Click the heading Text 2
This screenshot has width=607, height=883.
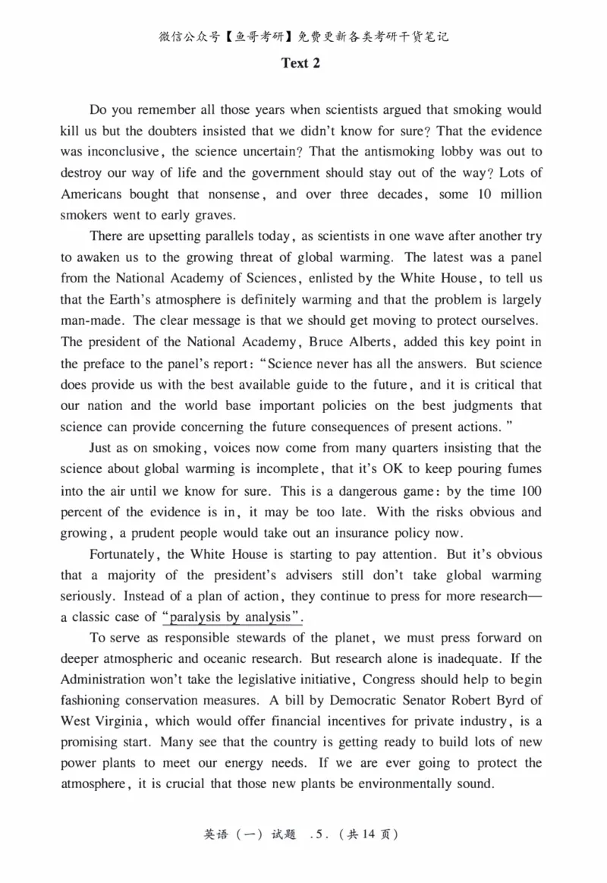(300, 64)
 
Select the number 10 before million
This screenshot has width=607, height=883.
(486, 194)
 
